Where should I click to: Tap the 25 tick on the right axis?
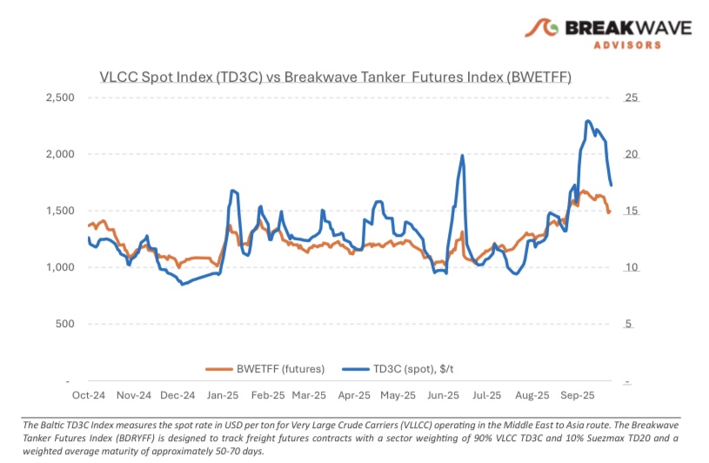(x=632, y=97)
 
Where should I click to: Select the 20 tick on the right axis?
(x=632, y=154)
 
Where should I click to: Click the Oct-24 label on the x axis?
(x=89, y=395)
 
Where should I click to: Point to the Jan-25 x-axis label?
(x=223, y=395)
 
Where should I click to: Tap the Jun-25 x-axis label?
(x=444, y=395)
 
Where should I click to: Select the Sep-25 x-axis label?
(x=578, y=395)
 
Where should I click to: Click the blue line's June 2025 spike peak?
(x=462, y=156)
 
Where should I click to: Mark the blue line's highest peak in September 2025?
(x=589, y=121)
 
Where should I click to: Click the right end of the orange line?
(x=609, y=211)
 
